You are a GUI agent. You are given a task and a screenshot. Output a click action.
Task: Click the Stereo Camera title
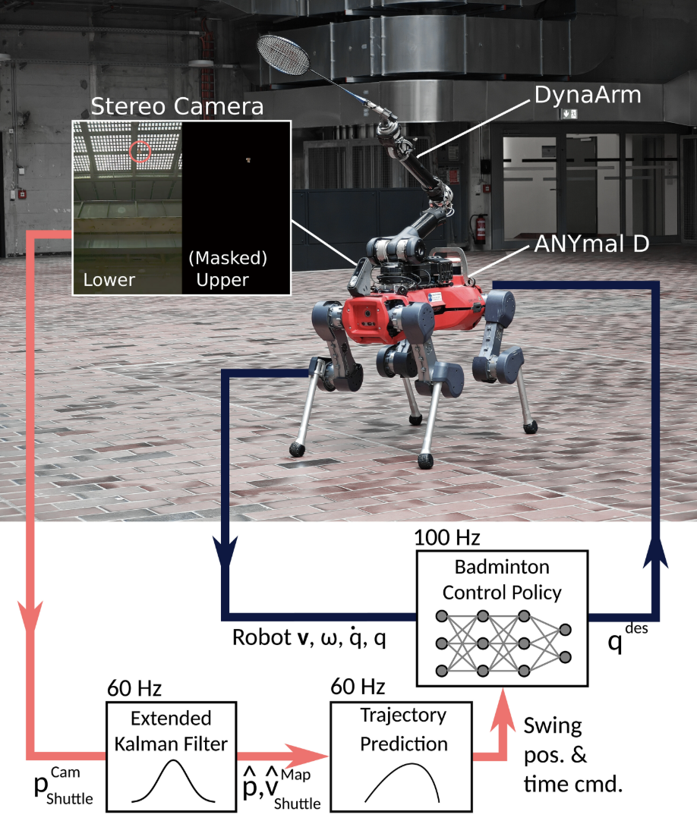[x=177, y=106]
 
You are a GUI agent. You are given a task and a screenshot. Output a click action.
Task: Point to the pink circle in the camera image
[x=140, y=152]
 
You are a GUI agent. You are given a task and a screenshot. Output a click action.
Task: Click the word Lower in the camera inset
[x=109, y=279]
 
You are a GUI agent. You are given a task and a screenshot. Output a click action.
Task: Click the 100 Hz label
[x=447, y=539]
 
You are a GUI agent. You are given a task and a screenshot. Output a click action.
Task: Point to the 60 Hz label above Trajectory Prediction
[x=360, y=690]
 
